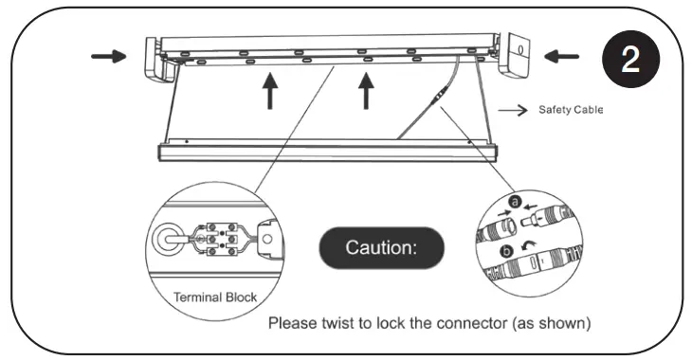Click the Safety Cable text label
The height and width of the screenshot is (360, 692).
coord(571,110)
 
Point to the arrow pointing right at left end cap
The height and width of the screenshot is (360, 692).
coord(107,56)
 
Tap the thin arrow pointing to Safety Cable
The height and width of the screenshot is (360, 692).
coord(512,110)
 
